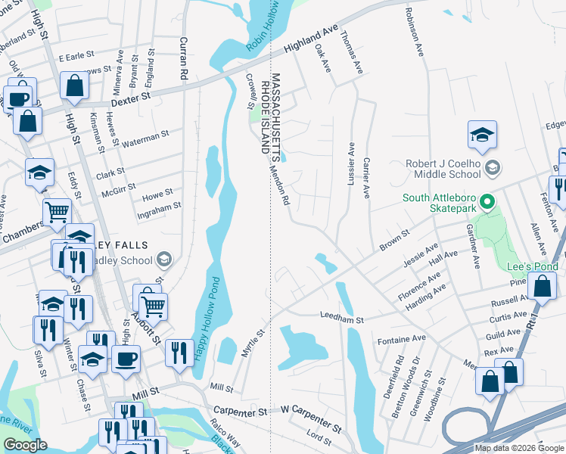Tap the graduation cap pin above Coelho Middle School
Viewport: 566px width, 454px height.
coord(482,136)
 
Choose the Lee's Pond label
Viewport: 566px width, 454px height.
coord(533,266)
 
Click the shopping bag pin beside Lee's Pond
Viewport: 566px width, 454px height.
coord(543,288)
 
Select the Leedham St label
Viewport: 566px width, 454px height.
coord(342,319)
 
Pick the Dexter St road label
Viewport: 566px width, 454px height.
coord(131,99)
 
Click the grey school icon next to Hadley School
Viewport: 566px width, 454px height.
coord(163,260)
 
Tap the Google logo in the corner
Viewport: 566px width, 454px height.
coord(25,445)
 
